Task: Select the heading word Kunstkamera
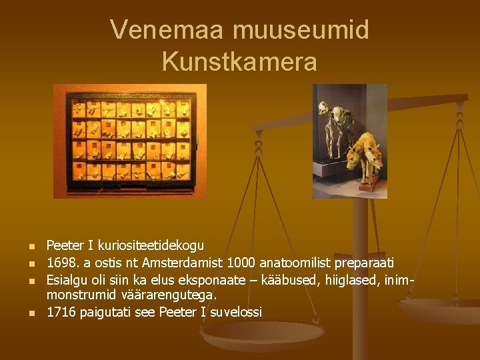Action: point(239,61)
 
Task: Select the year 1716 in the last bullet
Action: point(61,311)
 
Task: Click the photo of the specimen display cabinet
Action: point(130,141)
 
